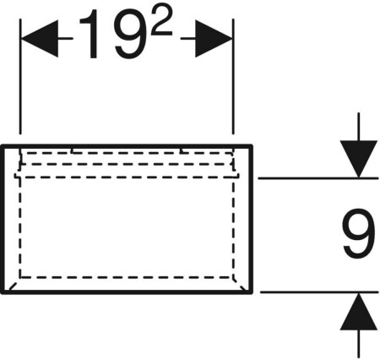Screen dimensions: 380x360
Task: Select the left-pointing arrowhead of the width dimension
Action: click(40, 38)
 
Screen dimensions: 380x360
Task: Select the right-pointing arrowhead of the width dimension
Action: click(214, 38)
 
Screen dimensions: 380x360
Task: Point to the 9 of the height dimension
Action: click(358, 233)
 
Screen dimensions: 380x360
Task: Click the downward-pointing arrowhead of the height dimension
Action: click(358, 159)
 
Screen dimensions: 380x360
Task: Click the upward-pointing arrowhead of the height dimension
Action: click(358, 311)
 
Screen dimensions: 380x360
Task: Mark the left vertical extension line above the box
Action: click(20, 76)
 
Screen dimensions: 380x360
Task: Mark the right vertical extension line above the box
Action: click(233, 76)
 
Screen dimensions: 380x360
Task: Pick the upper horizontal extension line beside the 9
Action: click(318, 178)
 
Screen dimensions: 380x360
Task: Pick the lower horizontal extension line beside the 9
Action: click(319, 292)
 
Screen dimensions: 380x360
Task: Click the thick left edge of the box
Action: click(3, 219)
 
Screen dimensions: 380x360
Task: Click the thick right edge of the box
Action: click(251, 219)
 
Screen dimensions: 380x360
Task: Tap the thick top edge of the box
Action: click(127, 146)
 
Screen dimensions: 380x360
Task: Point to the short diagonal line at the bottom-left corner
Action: click(14, 286)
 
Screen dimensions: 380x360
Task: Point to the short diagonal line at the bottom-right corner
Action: click(240, 285)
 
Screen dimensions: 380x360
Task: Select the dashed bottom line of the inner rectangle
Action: click(127, 277)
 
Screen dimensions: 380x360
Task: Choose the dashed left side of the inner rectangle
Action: click(20, 227)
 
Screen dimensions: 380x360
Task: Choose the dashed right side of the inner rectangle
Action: click(233, 227)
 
